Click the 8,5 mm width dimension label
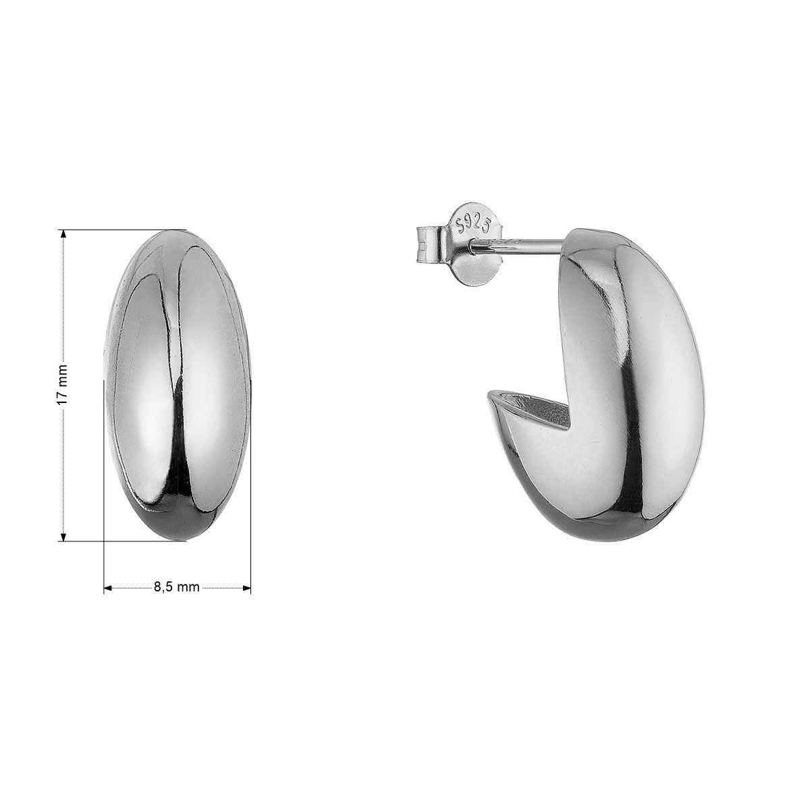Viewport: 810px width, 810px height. coord(177,587)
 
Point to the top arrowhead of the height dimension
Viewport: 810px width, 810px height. coord(63,234)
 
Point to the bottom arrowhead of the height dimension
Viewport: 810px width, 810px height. coord(63,537)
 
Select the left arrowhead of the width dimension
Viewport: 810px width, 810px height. coord(109,588)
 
